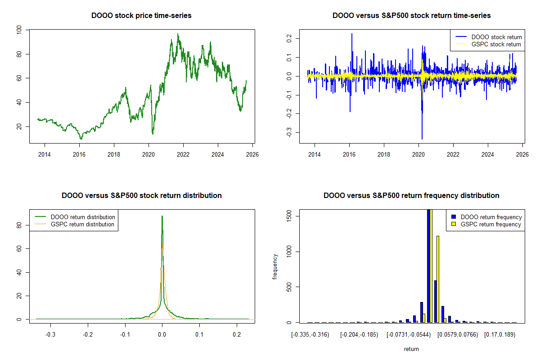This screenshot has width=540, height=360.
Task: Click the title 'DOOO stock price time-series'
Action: click(x=141, y=16)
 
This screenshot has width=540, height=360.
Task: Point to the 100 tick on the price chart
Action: click(x=19, y=30)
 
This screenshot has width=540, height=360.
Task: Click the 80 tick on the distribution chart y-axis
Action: click(x=19, y=225)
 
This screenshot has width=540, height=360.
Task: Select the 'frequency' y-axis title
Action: click(x=275, y=267)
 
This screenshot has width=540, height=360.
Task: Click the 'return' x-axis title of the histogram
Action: click(x=411, y=349)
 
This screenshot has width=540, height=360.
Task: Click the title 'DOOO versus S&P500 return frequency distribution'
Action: click(x=411, y=196)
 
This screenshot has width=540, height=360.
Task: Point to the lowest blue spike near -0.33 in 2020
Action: click(x=422, y=138)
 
